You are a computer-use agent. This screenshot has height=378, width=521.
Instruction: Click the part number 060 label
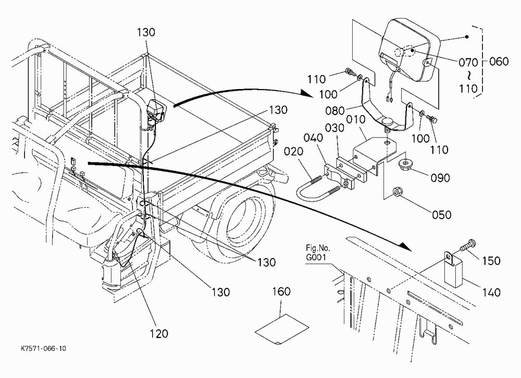tap(499, 61)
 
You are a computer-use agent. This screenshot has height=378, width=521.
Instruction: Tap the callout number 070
tap(468, 62)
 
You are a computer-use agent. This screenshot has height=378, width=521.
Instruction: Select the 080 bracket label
tap(335, 110)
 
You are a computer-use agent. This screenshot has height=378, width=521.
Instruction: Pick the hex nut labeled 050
tap(396, 192)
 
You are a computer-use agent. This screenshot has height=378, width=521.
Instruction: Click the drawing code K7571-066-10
tap(44, 348)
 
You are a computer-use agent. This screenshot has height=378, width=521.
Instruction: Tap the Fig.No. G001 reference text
tap(318, 253)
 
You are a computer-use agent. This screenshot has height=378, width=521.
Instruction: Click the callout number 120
tap(158, 333)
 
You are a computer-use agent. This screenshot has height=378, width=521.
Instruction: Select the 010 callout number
tap(356, 120)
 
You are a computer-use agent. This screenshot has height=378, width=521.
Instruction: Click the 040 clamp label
tap(313, 137)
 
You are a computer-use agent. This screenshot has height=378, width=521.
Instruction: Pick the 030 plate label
tap(335, 128)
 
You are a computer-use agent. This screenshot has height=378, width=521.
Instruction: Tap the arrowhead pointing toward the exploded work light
tap(306, 93)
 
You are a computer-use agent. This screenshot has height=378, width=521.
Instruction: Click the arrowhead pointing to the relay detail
tap(405, 246)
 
